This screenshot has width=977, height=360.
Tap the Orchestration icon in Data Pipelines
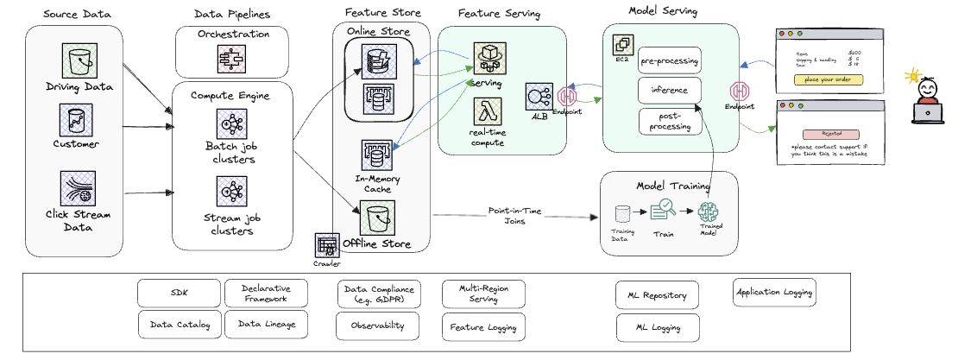point(232,59)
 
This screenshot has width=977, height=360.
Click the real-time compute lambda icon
point(488,112)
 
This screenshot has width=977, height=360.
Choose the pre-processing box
point(669,61)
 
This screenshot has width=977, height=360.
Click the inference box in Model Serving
point(669,91)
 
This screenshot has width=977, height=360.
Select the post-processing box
point(669,121)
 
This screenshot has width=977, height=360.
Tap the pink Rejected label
point(827,134)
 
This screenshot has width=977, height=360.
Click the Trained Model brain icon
point(709,211)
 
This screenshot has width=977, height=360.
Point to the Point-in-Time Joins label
point(514,215)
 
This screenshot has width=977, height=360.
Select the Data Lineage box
point(267,325)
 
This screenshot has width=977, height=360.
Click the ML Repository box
point(658,295)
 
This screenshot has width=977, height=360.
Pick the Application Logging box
point(773,293)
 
